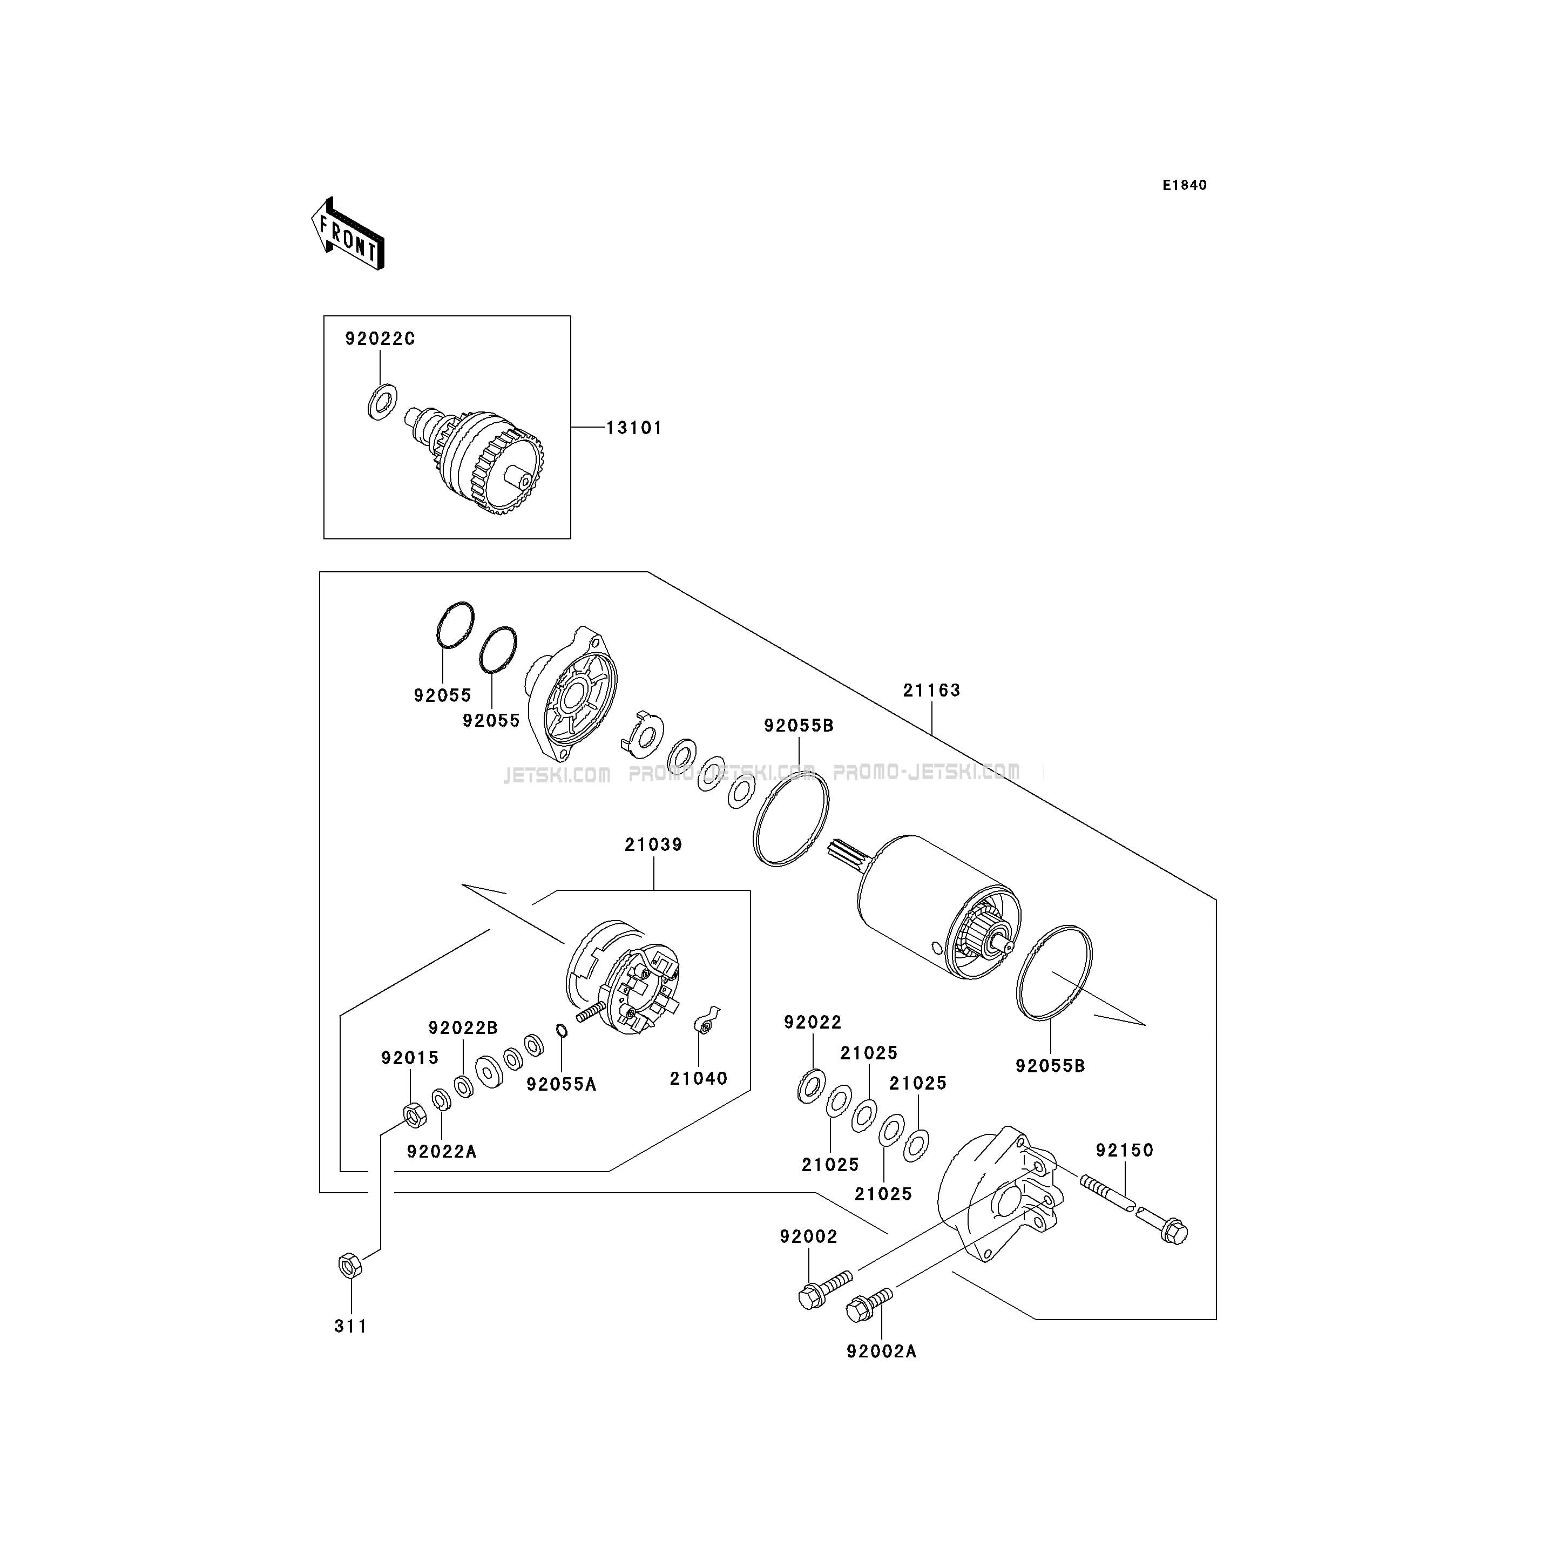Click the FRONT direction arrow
click(348, 233)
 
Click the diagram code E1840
click(1185, 185)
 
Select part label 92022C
click(381, 339)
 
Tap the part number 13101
click(634, 428)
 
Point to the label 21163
click(932, 690)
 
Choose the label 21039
click(654, 844)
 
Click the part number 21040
click(699, 1078)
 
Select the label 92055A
click(562, 1084)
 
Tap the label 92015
click(410, 1058)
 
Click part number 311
click(351, 1326)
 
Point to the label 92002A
click(881, 1351)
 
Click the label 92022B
click(463, 1028)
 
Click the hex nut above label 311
click(349, 1267)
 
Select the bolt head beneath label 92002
click(810, 1296)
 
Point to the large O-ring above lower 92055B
click(1053, 973)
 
